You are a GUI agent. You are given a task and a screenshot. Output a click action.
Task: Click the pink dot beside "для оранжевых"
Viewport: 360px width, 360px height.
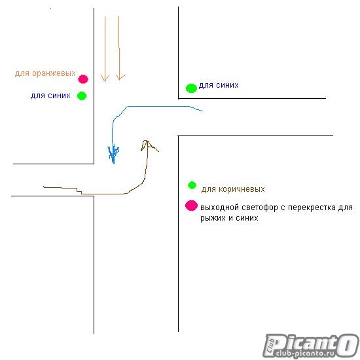coord(83,79)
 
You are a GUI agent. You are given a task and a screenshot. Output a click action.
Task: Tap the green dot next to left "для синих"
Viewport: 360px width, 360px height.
coord(82,96)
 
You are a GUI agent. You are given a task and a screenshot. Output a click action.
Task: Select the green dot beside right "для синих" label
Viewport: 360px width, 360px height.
coord(191,88)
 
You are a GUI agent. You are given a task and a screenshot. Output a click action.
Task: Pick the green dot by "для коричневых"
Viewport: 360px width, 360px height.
coord(192,185)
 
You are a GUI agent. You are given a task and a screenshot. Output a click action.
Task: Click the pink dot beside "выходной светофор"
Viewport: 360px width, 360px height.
coord(192,206)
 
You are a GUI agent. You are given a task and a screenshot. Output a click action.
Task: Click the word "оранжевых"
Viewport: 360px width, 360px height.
coord(54,73)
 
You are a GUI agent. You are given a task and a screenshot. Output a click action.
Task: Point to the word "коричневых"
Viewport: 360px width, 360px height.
coord(242,189)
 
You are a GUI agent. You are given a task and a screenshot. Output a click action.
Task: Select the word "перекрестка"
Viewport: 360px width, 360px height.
coord(312,207)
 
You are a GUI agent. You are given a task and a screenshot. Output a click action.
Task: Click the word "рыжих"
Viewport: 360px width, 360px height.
coord(213,218)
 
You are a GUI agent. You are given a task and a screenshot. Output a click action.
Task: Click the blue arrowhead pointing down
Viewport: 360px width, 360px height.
coord(113,153)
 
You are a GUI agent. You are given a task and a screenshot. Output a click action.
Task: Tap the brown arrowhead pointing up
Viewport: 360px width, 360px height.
coord(148,145)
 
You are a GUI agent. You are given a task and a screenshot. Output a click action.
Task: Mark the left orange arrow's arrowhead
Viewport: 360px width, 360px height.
coord(105,78)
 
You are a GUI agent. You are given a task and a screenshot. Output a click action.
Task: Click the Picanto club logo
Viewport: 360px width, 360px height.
coord(311,346)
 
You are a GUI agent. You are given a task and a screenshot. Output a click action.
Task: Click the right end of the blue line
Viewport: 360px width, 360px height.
coord(202,111)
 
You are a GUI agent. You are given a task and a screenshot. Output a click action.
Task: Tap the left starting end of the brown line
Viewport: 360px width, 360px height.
coord(44,187)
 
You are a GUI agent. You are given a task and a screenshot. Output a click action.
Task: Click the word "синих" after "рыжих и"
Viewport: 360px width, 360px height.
coord(247,218)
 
